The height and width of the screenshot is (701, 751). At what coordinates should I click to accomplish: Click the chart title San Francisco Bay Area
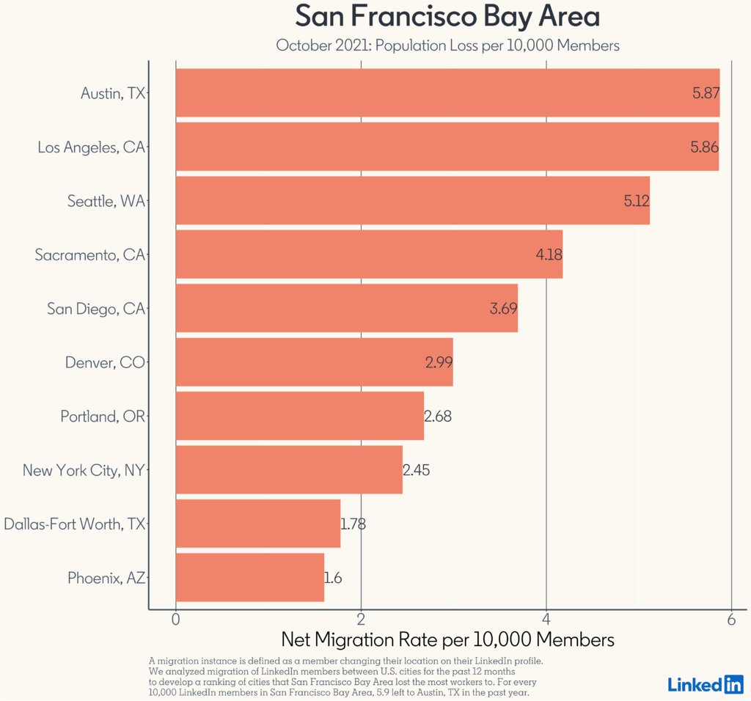click(x=447, y=16)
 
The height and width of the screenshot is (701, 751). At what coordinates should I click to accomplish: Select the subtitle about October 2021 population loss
click(x=447, y=45)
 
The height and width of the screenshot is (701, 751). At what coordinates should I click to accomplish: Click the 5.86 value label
click(x=704, y=147)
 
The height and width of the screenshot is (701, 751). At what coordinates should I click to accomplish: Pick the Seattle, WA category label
click(x=106, y=201)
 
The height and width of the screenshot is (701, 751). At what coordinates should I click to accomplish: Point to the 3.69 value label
click(x=503, y=309)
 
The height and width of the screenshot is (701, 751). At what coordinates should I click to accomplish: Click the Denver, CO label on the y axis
click(x=105, y=362)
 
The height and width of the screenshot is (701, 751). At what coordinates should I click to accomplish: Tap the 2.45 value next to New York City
click(x=417, y=470)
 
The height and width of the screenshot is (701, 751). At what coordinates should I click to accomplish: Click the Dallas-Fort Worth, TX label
click(x=74, y=524)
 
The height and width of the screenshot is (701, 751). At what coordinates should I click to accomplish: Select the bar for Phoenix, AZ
click(x=249, y=578)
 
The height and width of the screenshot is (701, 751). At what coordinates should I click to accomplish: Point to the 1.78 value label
click(x=353, y=524)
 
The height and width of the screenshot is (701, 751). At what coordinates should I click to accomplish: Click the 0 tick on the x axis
click(x=176, y=619)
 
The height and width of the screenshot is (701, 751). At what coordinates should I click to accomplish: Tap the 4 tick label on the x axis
click(x=546, y=619)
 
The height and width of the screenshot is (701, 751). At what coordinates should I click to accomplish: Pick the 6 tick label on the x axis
click(x=731, y=619)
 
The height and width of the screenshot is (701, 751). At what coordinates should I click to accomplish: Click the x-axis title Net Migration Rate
click(x=447, y=639)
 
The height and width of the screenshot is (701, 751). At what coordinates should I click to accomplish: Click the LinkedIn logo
click(x=706, y=684)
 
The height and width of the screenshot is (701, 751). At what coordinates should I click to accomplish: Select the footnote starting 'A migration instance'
click(x=345, y=677)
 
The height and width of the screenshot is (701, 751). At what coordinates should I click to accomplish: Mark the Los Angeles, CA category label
click(x=91, y=147)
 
